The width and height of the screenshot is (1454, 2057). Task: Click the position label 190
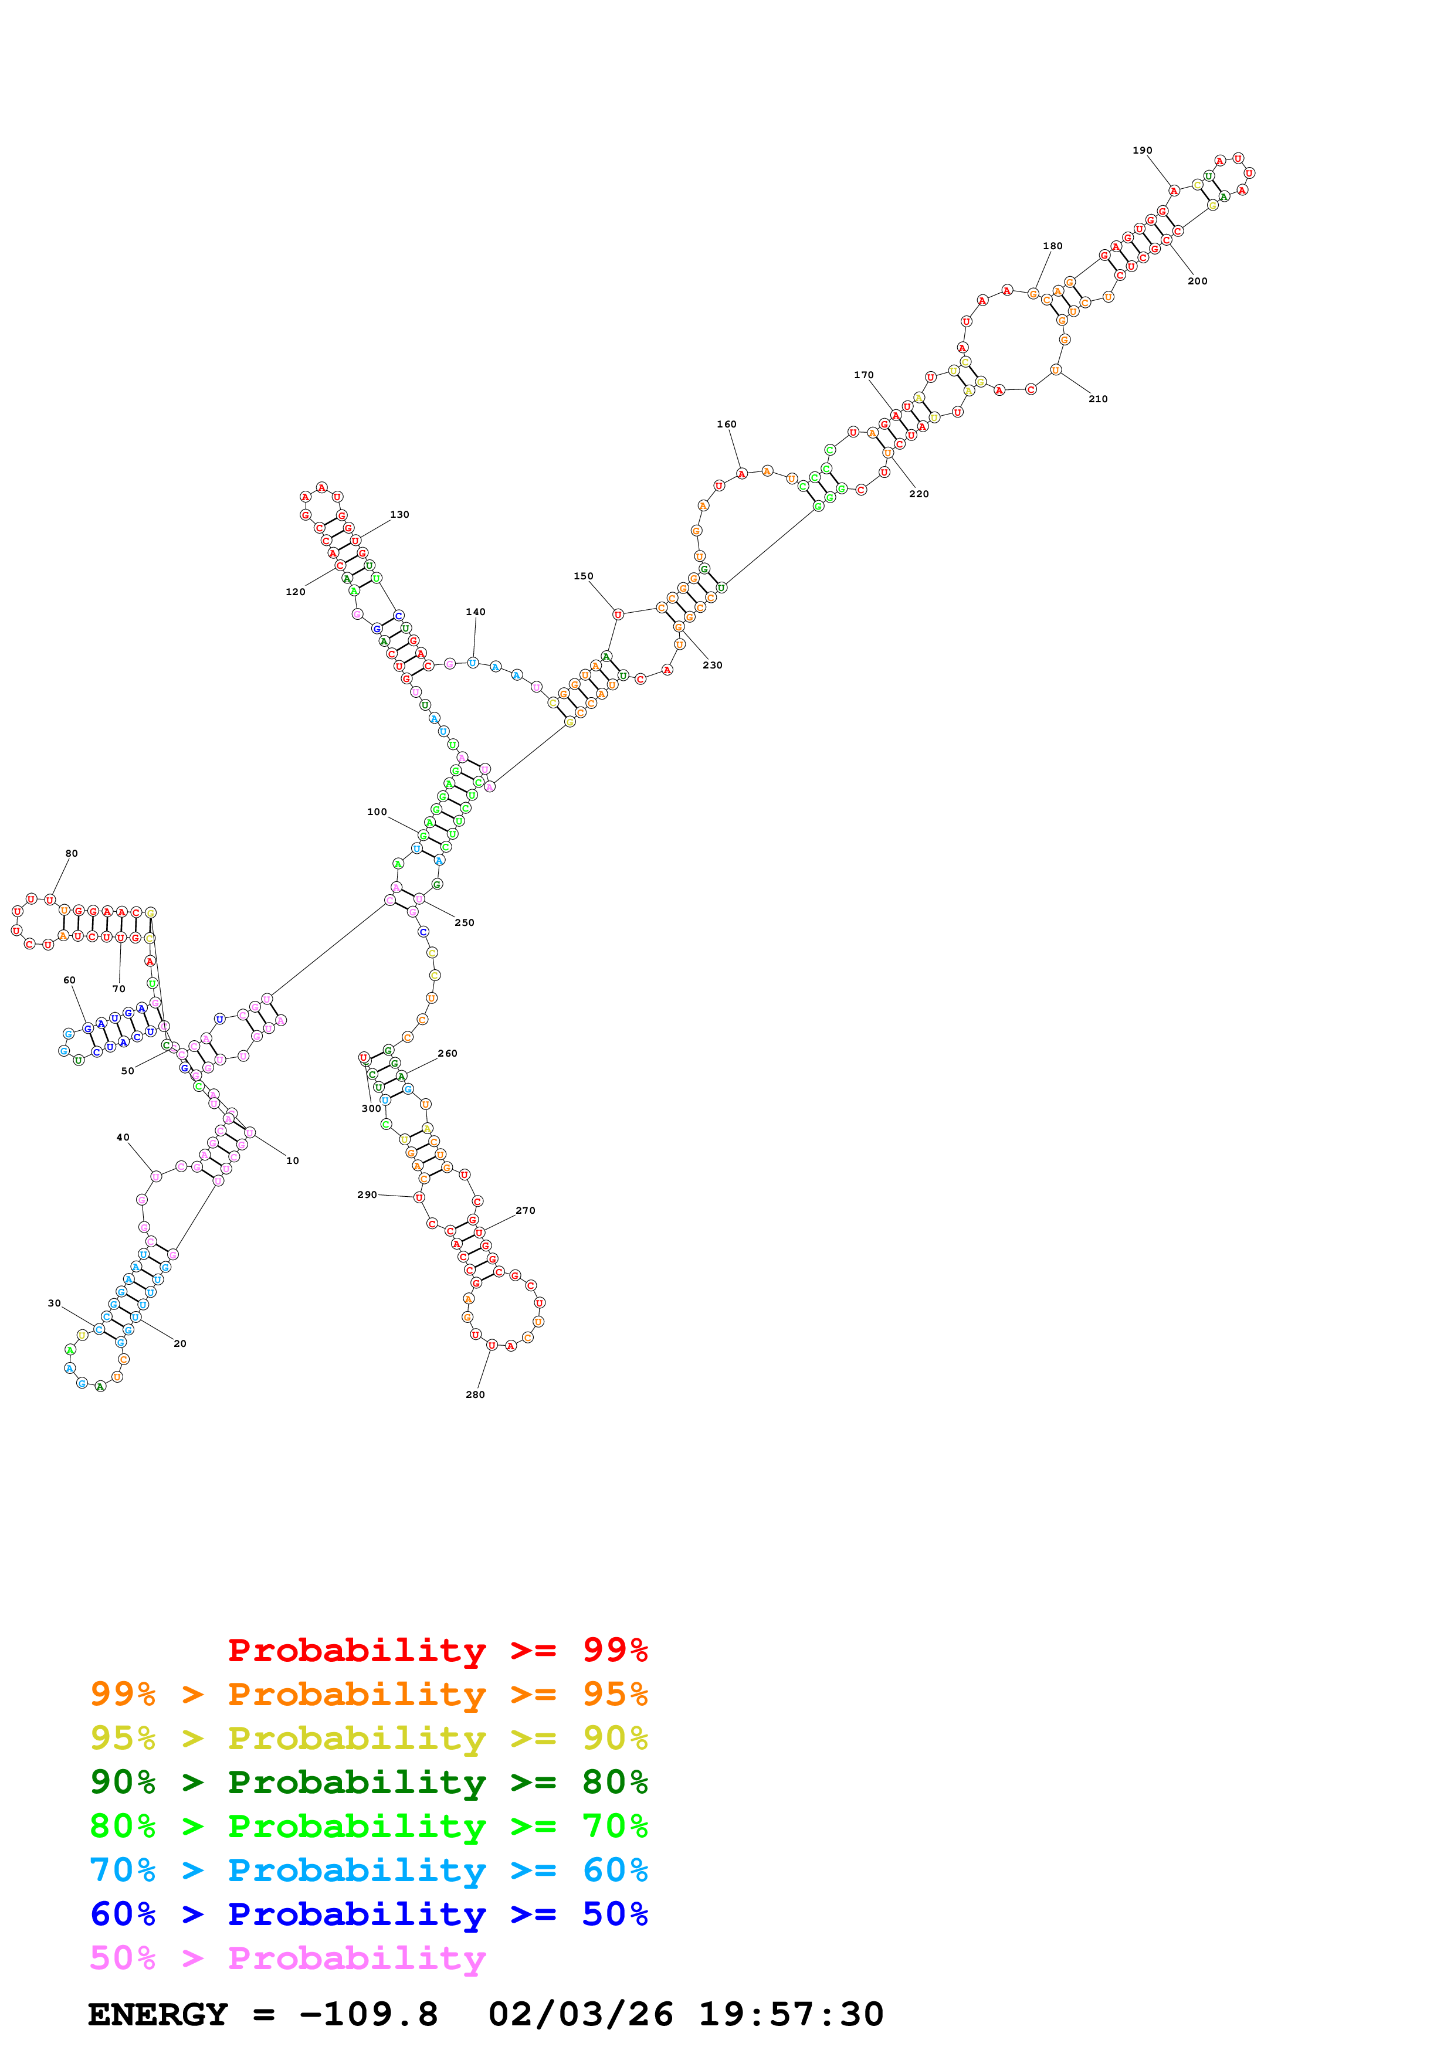1141,151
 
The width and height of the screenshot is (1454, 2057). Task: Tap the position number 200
1197,281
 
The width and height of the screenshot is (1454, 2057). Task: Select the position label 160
727,425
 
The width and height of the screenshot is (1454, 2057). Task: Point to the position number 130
399,514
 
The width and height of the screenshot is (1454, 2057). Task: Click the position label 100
377,812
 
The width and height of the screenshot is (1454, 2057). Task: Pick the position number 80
72,854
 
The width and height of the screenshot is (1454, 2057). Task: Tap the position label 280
475,1395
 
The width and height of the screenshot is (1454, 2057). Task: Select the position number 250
464,923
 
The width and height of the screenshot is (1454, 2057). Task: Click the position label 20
180,1344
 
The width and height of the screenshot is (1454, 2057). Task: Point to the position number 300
371,1109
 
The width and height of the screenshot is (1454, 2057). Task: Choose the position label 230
712,665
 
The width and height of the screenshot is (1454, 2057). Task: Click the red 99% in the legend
615,1649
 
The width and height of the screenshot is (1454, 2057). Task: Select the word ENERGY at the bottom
158,2015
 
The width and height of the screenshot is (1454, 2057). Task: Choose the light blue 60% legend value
615,1870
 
